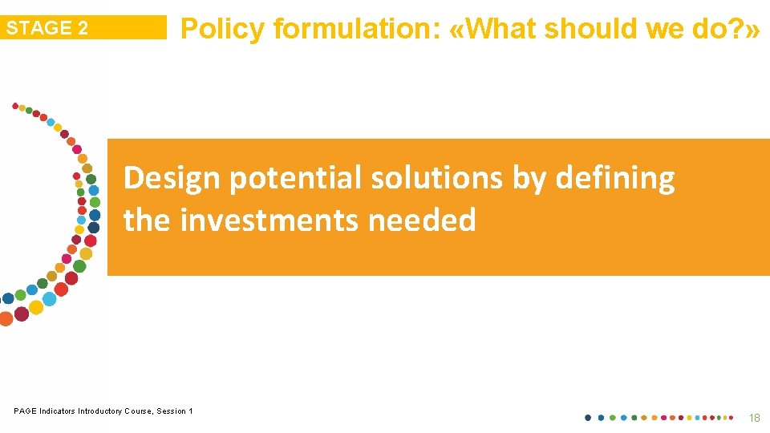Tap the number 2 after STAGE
click(83, 28)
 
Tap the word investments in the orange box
click(269, 219)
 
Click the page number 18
click(753, 418)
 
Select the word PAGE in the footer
click(24, 411)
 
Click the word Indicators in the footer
click(56, 411)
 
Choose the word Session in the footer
click(172, 411)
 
